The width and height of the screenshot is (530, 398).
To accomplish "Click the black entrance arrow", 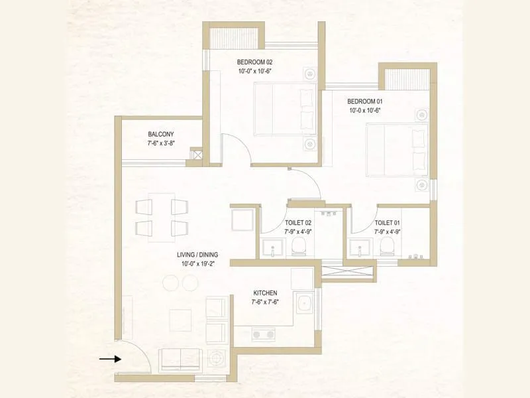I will click(110, 359).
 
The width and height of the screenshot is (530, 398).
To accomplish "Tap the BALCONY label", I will click(161, 134).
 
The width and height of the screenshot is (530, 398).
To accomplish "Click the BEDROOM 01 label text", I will click(365, 101).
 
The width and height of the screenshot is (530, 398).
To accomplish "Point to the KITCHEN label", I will click(265, 293).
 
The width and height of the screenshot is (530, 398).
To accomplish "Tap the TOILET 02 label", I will click(297, 223).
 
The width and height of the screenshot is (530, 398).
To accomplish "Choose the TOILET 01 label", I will click(388, 223).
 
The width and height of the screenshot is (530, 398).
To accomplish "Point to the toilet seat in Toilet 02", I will click(298, 247).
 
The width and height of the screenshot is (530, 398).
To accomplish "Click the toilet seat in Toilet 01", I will click(388, 247).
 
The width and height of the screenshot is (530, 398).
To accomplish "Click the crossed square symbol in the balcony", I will click(196, 154).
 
